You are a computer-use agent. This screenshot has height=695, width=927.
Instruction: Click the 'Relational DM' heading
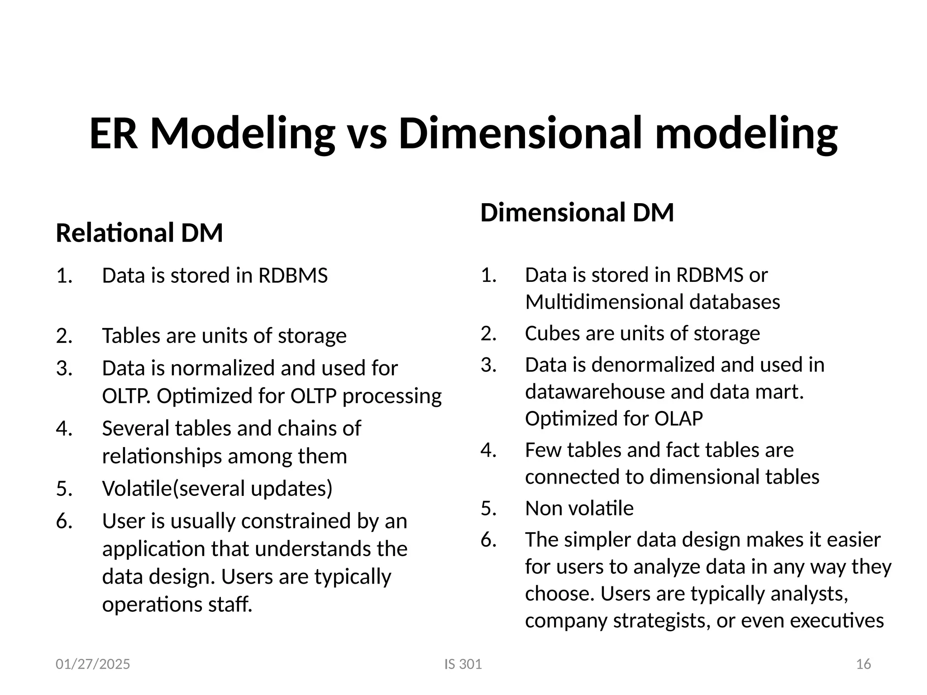coord(139,233)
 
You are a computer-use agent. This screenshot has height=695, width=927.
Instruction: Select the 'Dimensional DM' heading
coord(577,213)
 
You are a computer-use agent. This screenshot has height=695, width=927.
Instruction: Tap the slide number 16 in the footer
coord(863,664)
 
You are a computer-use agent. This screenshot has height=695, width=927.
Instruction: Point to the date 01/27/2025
coord(93,664)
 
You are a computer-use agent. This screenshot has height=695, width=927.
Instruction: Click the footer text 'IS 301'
coord(463,664)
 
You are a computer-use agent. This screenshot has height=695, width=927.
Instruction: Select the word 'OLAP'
coord(679,419)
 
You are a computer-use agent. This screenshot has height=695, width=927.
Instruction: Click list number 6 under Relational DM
coord(64,521)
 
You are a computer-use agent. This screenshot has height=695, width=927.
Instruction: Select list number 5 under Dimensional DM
coord(489,509)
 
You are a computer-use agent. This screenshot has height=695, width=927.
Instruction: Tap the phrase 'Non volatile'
coord(579,509)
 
